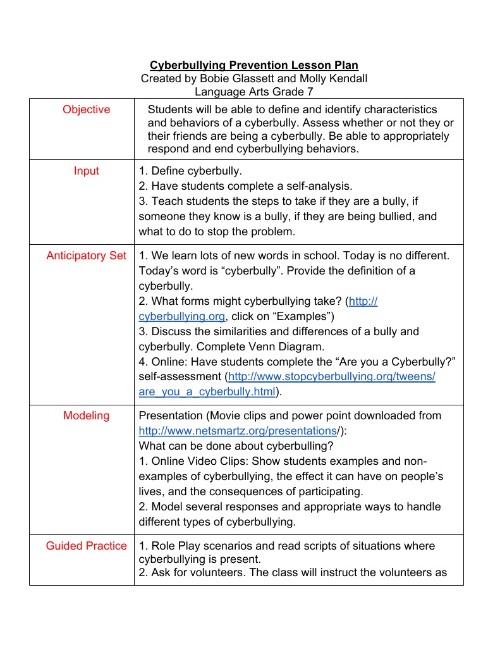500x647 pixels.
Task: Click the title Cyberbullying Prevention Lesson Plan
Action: (x=253, y=65)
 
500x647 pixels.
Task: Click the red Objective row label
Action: (x=86, y=109)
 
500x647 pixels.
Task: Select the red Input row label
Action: (x=86, y=171)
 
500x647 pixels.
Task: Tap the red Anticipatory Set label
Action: (x=86, y=256)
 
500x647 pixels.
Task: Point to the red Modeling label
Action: (x=86, y=416)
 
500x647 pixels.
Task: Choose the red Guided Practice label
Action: (x=86, y=546)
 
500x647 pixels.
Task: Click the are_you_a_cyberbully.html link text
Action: (x=207, y=391)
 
